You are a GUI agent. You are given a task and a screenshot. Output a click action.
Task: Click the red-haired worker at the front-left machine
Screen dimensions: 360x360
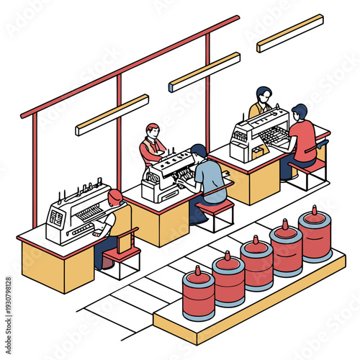(112, 216)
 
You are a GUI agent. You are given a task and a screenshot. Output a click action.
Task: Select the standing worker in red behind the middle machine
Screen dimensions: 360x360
(152, 145)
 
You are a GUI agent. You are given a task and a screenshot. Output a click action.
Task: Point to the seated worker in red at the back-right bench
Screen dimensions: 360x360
(302, 137)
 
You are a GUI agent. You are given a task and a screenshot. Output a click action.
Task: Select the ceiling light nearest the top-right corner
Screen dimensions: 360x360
(289, 33)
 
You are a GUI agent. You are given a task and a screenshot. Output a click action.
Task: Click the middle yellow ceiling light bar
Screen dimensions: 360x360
(204, 72)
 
